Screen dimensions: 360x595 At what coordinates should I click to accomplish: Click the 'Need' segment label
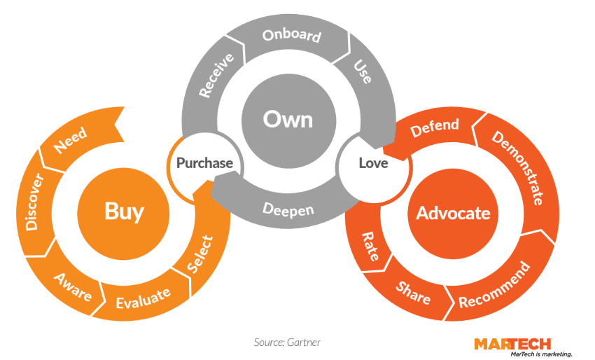pyautogui.click(x=70, y=141)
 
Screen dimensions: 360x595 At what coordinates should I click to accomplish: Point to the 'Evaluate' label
pyautogui.click(x=143, y=298)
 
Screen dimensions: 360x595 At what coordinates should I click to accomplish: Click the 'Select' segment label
pyautogui.click(x=200, y=256)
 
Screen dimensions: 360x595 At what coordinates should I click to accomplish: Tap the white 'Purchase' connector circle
pyautogui.click(x=204, y=163)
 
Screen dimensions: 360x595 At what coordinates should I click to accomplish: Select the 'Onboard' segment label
pyautogui.click(x=291, y=36)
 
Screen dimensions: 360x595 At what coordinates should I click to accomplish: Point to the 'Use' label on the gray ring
pyautogui.click(x=363, y=72)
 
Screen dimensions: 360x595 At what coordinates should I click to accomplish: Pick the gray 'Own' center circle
pyautogui.click(x=288, y=119)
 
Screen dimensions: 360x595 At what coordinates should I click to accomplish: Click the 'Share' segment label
pyautogui.click(x=413, y=291)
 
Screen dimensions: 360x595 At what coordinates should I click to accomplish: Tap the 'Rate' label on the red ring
pyautogui.click(x=371, y=247)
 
